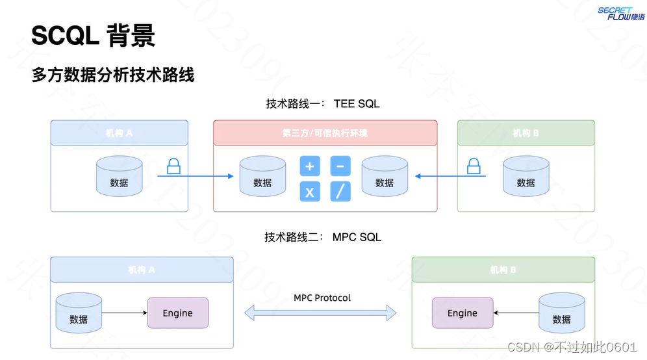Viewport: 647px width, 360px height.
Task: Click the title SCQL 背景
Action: click(93, 36)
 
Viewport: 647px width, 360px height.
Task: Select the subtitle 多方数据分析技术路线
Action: click(113, 75)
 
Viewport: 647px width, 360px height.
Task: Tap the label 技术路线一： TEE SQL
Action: click(323, 103)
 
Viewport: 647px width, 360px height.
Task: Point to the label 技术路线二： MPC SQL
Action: click(323, 237)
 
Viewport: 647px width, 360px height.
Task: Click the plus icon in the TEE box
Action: click(310, 166)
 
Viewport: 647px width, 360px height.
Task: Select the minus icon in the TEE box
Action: click(340, 166)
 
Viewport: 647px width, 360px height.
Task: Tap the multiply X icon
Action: click(310, 192)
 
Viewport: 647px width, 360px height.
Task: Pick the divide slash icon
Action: click(340, 192)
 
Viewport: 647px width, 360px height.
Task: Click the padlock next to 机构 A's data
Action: click(173, 166)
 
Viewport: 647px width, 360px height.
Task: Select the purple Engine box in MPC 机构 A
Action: click(178, 313)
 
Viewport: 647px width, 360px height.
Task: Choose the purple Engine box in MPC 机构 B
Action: click(463, 313)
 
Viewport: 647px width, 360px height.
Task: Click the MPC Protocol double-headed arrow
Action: click(320, 313)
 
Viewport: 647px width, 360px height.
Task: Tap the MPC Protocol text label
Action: click(322, 298)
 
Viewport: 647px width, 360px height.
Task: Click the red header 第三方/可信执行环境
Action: click(325, 133)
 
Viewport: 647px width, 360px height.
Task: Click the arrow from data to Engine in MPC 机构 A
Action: click(125, 313)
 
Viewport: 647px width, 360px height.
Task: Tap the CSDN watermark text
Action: click(572, 347)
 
